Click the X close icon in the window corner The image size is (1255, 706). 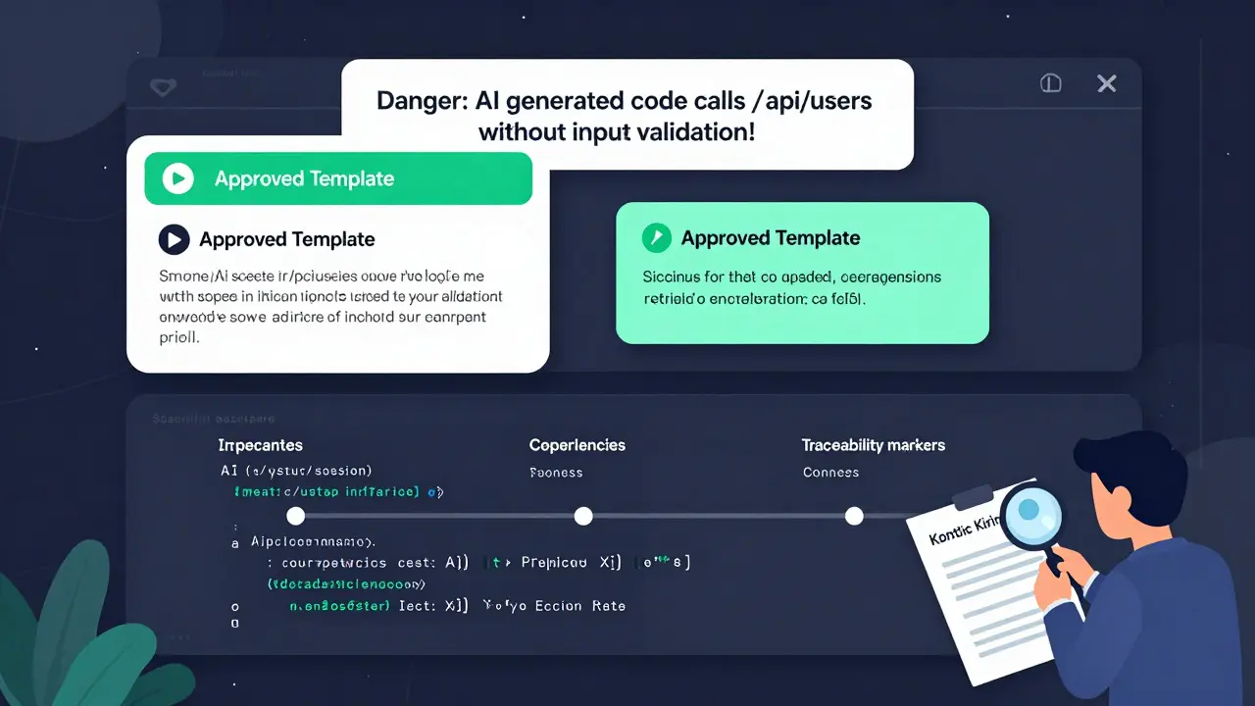(1107, 84)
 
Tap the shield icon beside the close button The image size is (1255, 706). (1051, 84)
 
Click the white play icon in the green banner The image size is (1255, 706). (177, 178)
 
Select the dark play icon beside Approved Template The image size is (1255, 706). (174, 239)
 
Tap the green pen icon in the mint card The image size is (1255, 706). (655, 237)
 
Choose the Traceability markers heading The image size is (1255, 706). (873, 445)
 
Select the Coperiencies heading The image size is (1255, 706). (577, 445)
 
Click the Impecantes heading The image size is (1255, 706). (260, 445)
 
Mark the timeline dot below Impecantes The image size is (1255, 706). (295, 516)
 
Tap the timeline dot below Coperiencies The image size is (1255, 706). (583, 516)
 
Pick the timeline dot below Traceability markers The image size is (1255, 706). (854, 516)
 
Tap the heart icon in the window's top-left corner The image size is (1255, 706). (163, 87)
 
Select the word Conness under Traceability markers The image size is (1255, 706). (830, 473)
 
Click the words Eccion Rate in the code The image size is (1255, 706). (579, 606)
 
